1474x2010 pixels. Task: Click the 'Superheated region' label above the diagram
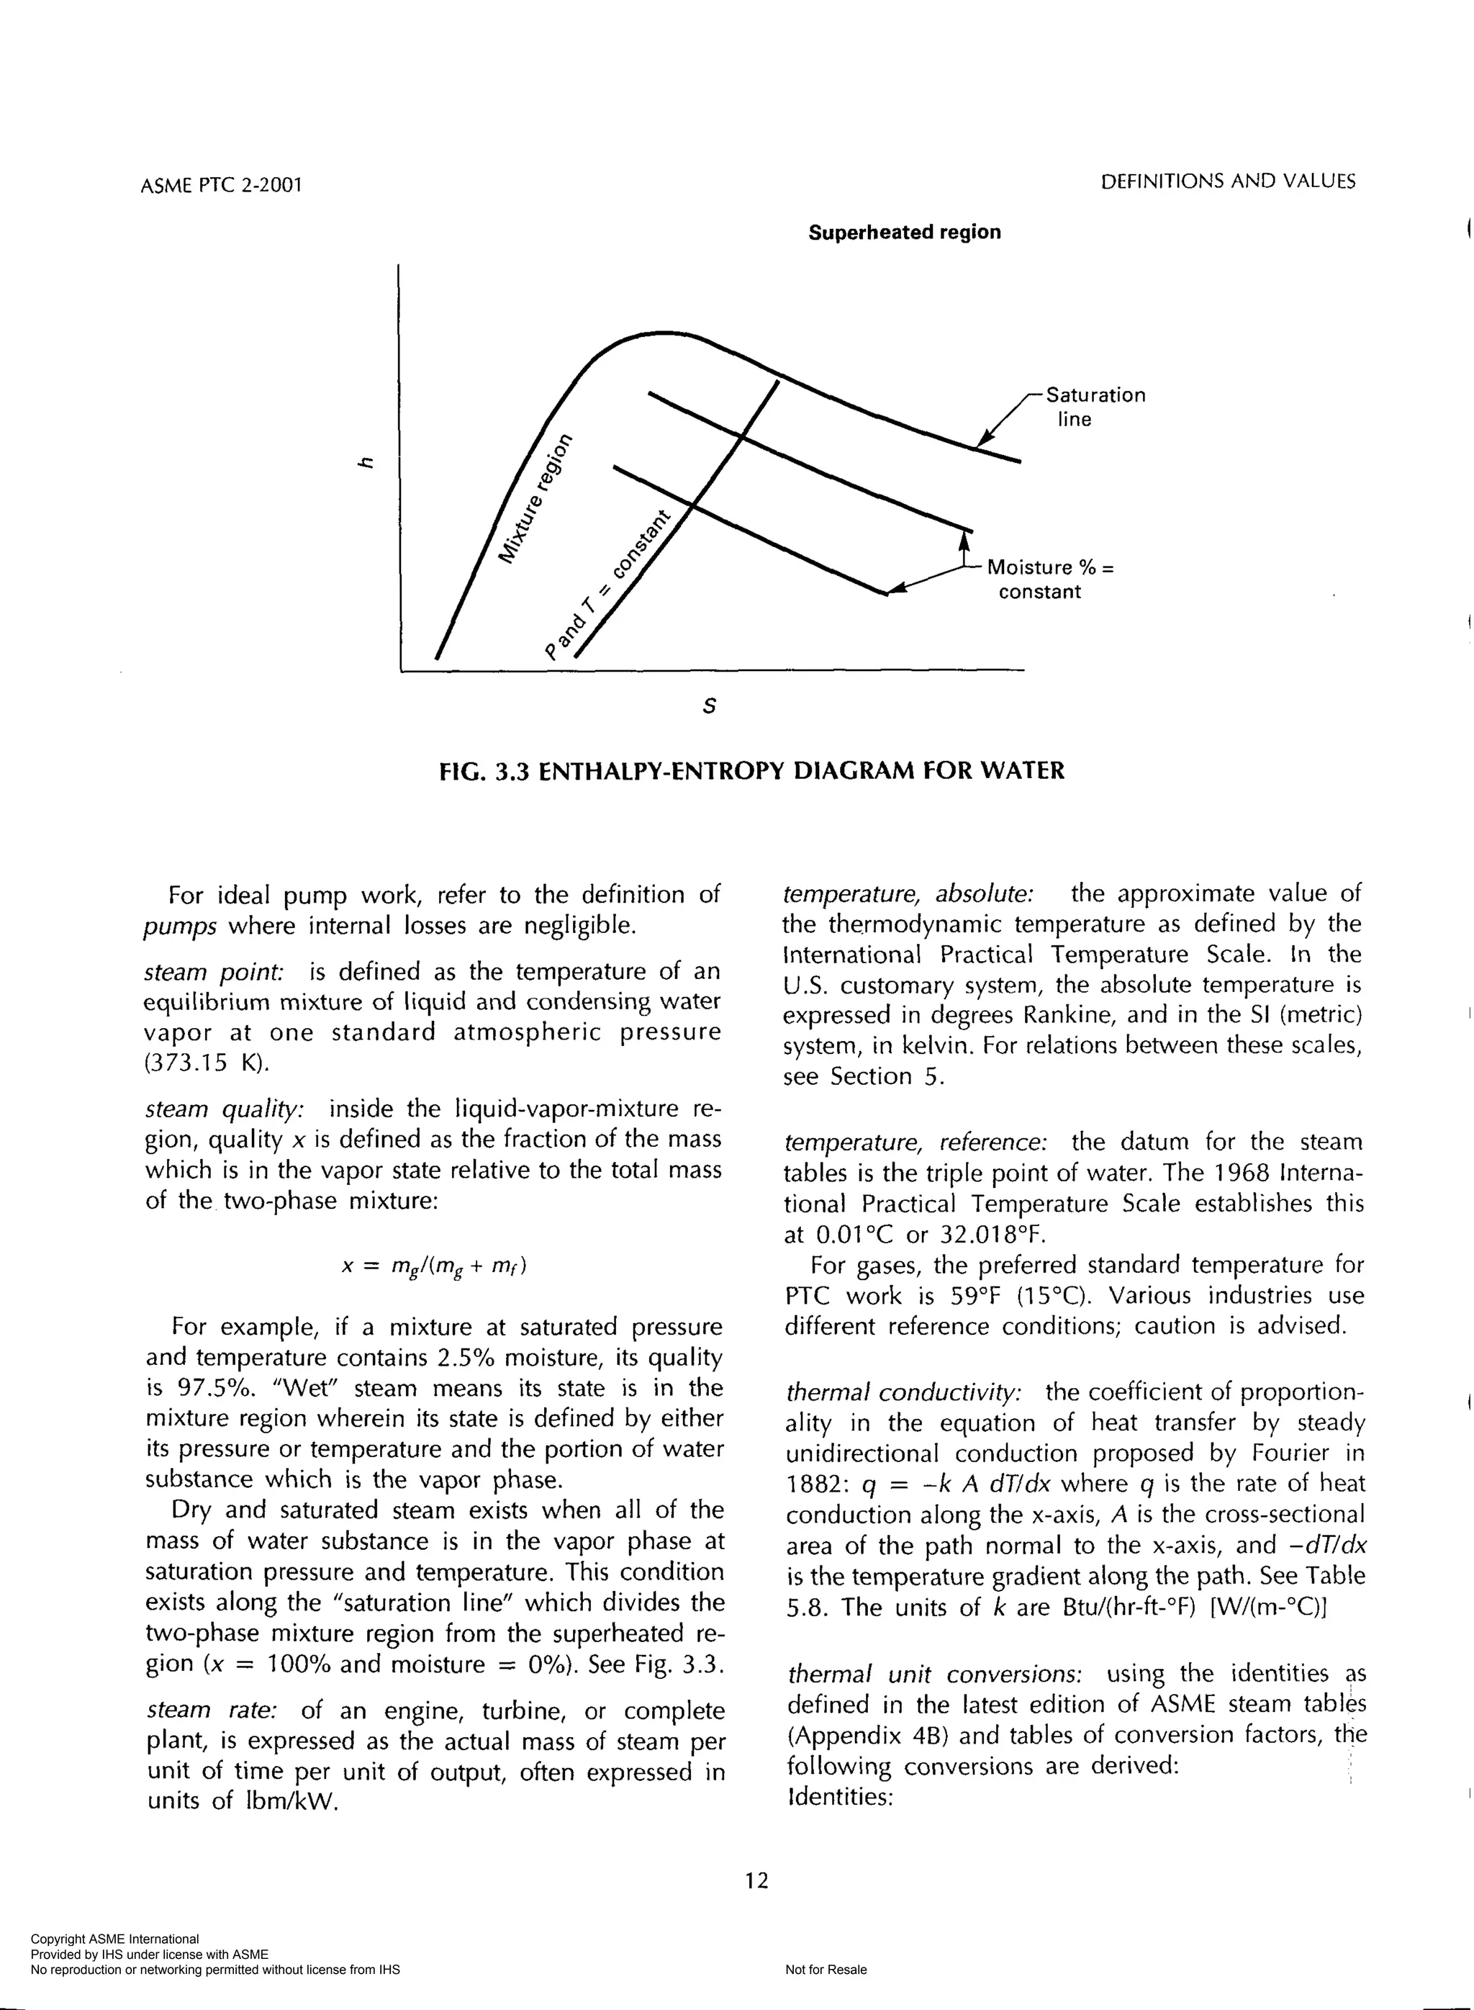click(x=904, y=232)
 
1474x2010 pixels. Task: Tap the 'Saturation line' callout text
click(x=1094, y=407)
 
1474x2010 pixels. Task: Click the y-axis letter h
click(x=362, y=461)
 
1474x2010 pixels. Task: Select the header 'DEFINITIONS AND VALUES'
click(x=1228, y=182)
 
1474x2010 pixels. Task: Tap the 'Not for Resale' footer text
click(x=826, y=1970)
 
